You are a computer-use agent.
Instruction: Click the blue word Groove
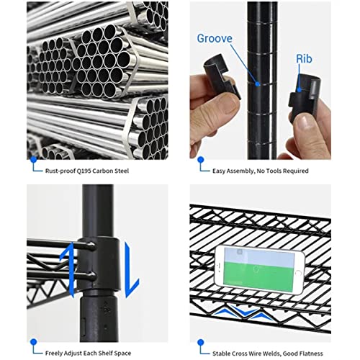click(x=215, y=38)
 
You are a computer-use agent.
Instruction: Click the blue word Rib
click(x=304, y=59)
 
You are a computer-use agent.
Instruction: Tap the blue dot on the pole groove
click(x=258, y=84)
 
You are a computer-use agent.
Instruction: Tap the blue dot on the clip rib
click(x=299, y=90)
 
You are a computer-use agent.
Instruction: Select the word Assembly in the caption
click(x=240, y=171)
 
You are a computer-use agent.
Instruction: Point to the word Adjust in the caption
click(x=71, y=354)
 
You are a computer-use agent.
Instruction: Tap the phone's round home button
click(x=298, y=273)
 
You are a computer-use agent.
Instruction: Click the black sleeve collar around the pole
click(x=99, y=264)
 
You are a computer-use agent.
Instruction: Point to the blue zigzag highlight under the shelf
click(x=243, y=312)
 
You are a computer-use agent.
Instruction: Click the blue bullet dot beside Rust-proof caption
click(x=34, y=159)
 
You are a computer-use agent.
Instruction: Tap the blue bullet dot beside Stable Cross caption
click(x=201, y=343)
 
